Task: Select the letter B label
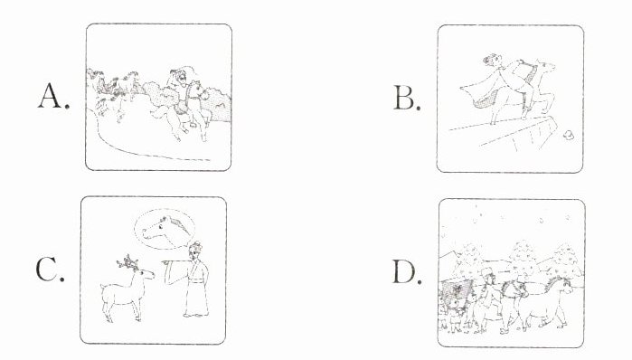pos(407,99)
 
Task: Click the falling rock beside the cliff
pos(569,135)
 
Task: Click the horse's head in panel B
pos(545,66)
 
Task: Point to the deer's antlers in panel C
pos(128,262)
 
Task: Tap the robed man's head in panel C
pos(195,251)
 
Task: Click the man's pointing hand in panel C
pos(166,262)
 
